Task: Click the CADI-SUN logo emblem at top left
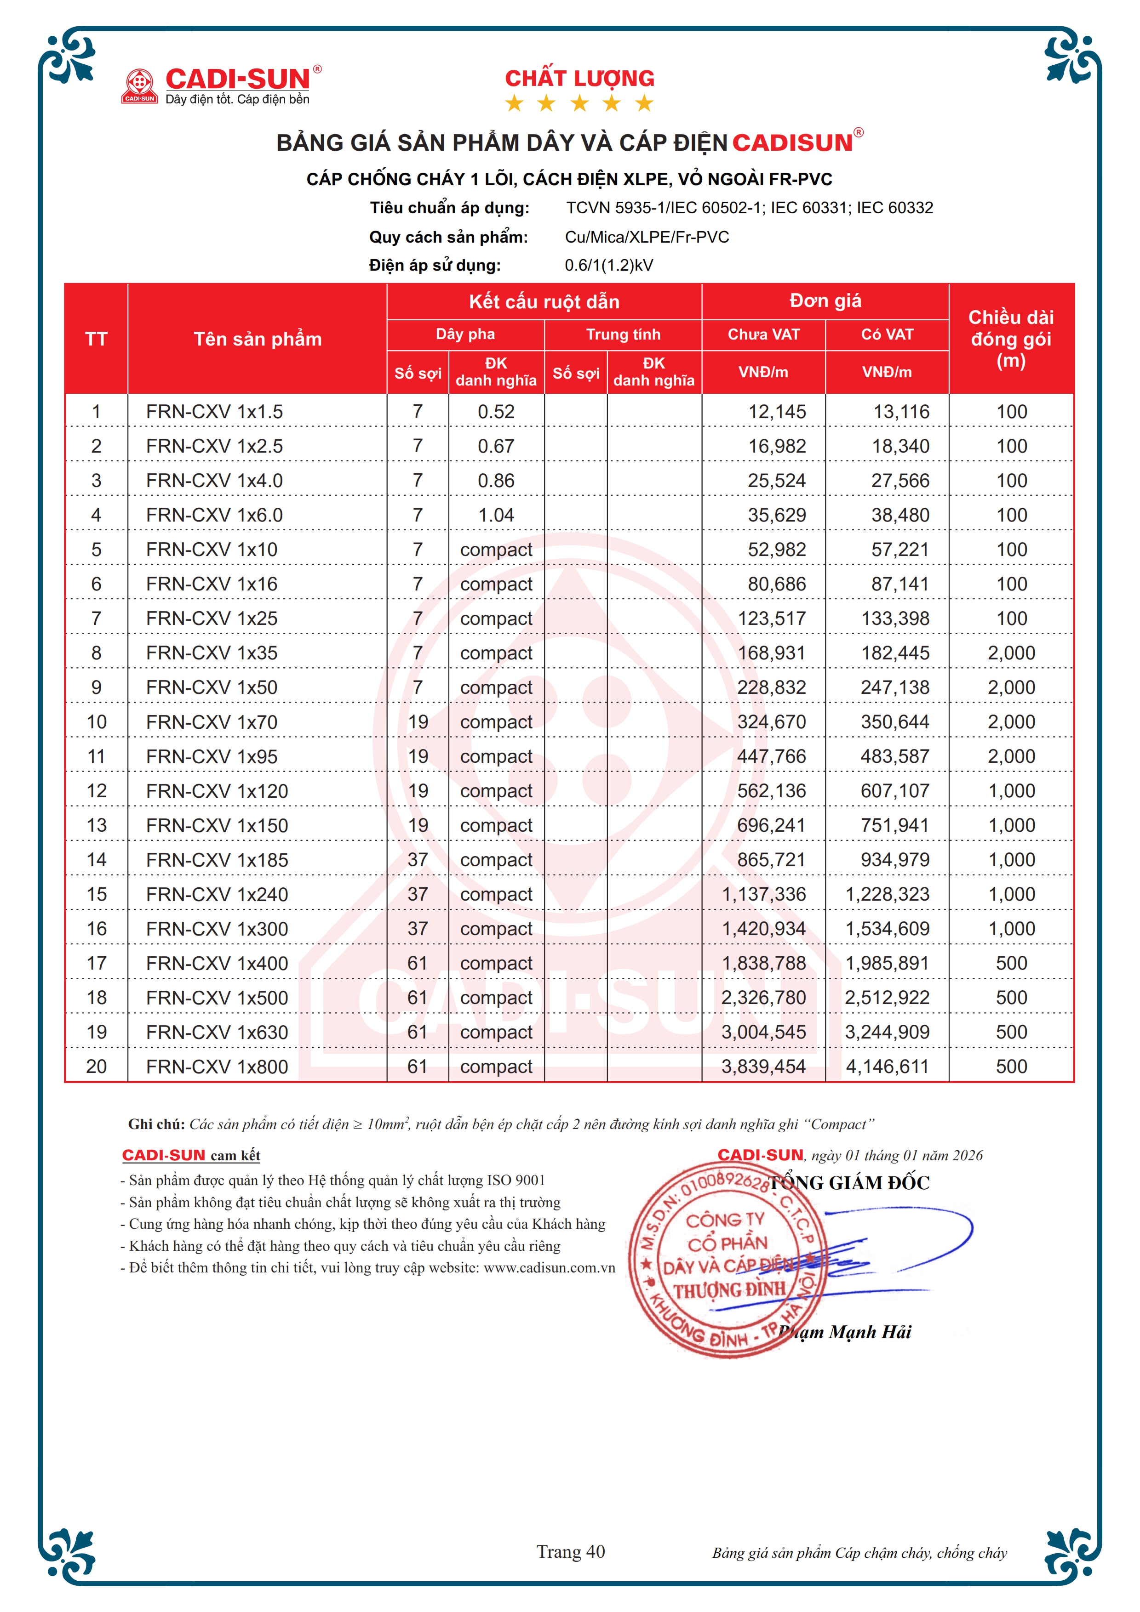click(140, 85)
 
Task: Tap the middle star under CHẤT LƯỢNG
click(579, 104)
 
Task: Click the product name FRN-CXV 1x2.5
click(214, 446)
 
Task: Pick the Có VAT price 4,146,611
click(887, 1067)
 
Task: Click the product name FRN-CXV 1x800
click(217, 1067)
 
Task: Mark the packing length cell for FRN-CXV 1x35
click(1011, 653)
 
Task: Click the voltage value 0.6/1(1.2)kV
click(609, 266)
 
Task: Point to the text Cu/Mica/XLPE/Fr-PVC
click(647, 237)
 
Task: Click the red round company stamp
click(723, 1260)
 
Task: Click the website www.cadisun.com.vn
click(549, 1267)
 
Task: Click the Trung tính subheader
click(623, 334)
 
